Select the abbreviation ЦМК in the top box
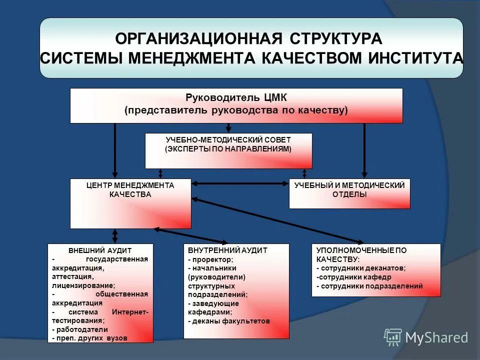(x=273, y=97)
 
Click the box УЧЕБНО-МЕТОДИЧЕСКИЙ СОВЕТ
(x=228, y=150)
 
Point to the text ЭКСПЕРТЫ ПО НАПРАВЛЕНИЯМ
(x=228, y=149)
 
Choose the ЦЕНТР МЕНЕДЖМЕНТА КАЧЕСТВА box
(x=130, y=203)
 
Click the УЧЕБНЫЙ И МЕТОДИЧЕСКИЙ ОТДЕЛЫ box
(x=349, y=193)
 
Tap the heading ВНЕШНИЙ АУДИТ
(x=100, y=250)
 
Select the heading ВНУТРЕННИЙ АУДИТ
(x=227, y=250)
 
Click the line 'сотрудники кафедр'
(x=354, y=277)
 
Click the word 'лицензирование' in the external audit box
(x=82, y=285)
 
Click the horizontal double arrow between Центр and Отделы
(x=240, y=184)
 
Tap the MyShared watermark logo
(x=426, y=337)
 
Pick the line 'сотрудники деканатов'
(x=361, y=268)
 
